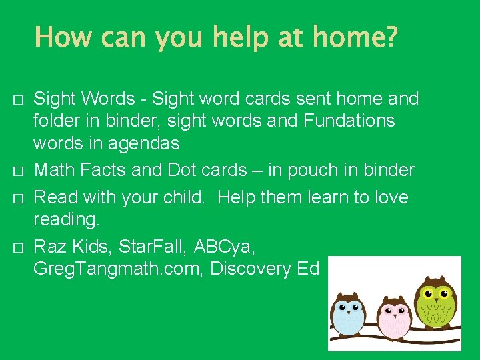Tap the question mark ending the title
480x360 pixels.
pyautogui.click(x=389, y=37)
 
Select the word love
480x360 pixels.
pyautogui.click(x=389, y=198)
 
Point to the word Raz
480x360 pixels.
pyautogui.click(x=49, y=247)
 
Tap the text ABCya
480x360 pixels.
pyautogui.click(x=223, y=247)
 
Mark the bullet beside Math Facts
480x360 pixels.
pyautogui.click(x=18, y=171)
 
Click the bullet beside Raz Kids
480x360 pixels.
pyautogui.click(x=18, y=248)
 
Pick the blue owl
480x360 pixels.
pyautogui.click(x=349, y=314)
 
